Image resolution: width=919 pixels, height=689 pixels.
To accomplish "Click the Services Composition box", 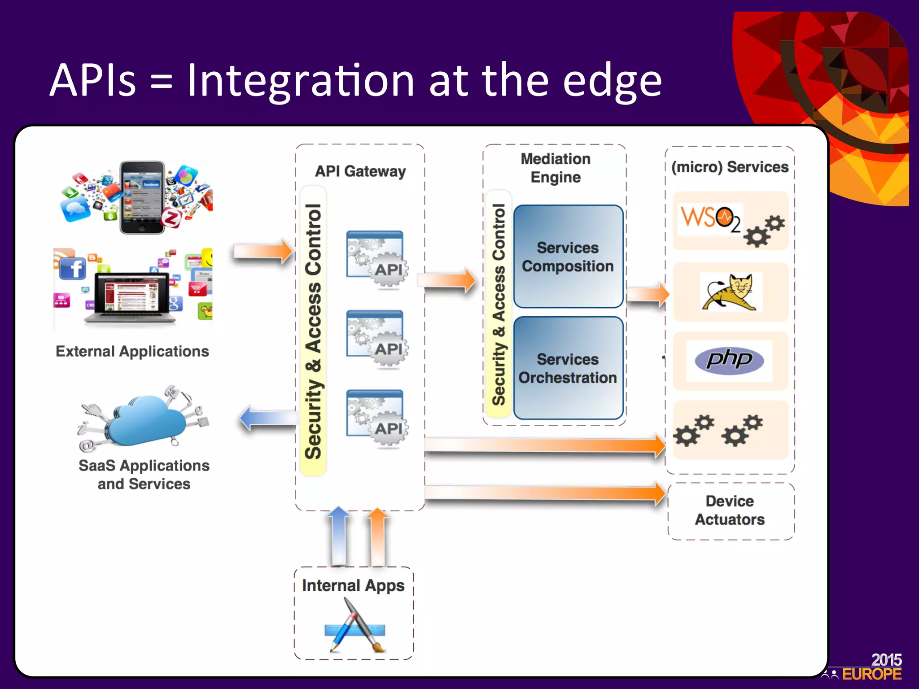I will click(568, 257).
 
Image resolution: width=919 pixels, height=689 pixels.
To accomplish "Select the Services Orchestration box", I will click(568, 368).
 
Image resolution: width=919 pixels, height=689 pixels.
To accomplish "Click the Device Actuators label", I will click(730, 510).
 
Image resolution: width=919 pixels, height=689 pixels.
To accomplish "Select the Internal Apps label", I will click(353, 585).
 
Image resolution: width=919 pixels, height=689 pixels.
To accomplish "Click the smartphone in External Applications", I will click(142, 197).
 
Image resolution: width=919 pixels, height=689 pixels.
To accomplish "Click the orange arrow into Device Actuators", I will click(545, 493).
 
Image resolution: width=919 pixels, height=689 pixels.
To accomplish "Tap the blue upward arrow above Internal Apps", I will click(339, 536).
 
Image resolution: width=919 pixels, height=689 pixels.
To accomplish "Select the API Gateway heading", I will click(360, 171).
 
